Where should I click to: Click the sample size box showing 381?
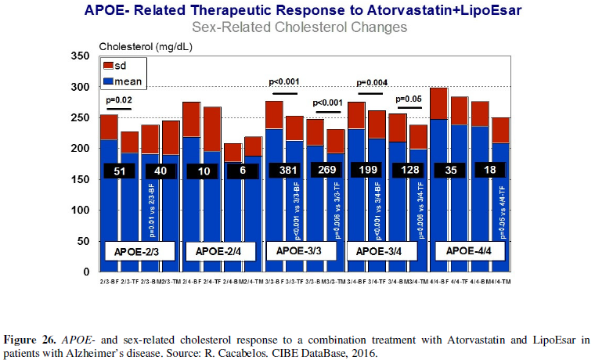283,170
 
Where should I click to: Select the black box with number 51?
118,171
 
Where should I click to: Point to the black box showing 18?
492,170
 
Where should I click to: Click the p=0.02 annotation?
120,101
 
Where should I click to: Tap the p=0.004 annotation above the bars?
373,83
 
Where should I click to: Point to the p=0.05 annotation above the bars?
409,99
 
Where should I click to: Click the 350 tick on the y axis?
81,56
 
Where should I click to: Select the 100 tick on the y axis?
81,211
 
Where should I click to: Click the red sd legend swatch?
109,67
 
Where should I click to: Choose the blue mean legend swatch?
109,81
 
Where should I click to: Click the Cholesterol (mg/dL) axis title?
146,46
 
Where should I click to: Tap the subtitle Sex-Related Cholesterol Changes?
301,27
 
